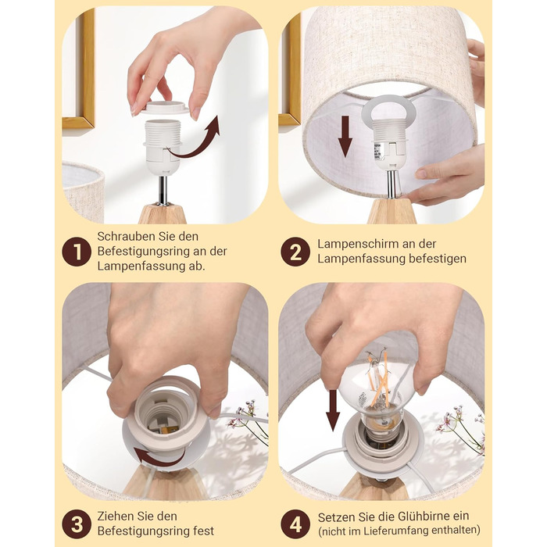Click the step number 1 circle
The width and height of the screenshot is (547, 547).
pyautogui.click(x=77, y=252)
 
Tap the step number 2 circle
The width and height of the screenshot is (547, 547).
pyautogui.click(x=295, y=252)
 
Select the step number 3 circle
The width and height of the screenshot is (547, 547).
pyautogui.click(x=77, y=524)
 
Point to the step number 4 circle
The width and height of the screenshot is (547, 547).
pyautogui.click(x=295, y=524)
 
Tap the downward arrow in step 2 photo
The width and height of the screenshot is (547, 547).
pyautogui.click(x=345, y=136)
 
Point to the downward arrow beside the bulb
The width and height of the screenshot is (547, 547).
pyautogui.click(x=332, y=410)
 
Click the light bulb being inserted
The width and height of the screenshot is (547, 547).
pyautogui.click(x=378, y=391)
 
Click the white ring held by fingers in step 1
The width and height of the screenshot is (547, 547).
pyautogui.click(x=165, y=107)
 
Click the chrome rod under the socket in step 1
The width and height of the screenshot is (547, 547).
pyautogui.click(x=163, y=190)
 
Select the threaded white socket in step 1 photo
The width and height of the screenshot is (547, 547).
pyautogui.click(x=163, y=147)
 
